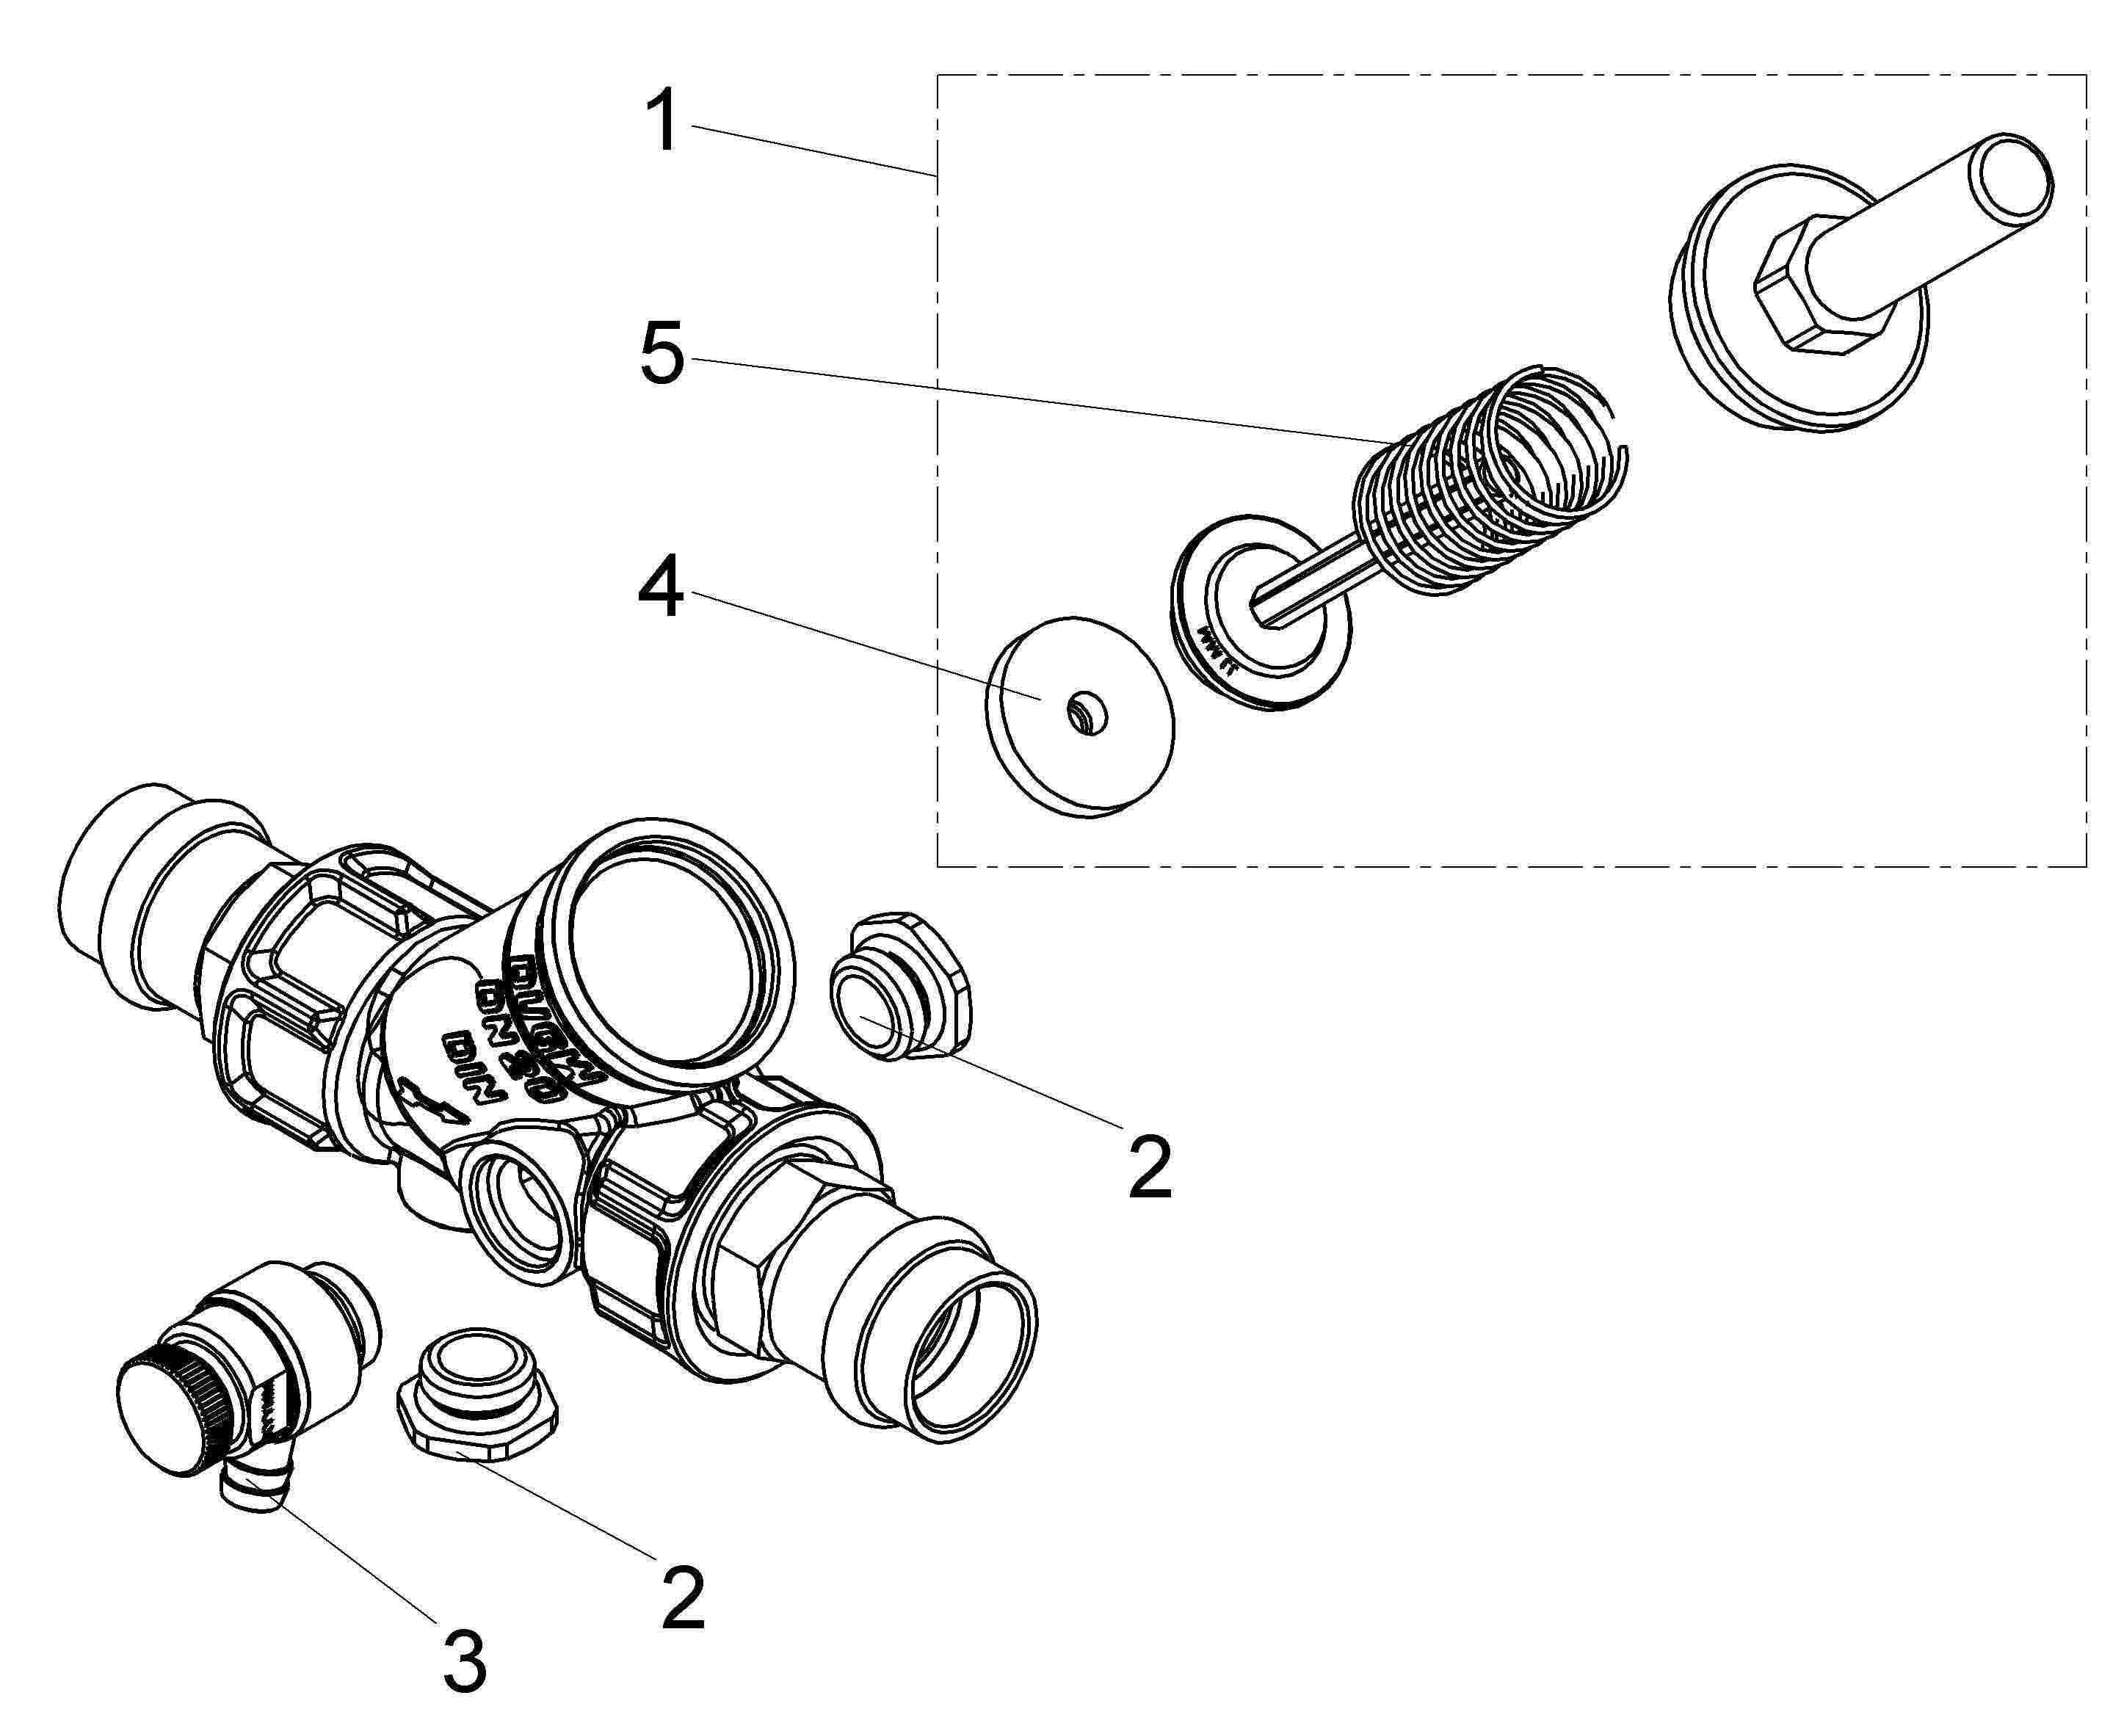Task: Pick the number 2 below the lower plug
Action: point(684,1596)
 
